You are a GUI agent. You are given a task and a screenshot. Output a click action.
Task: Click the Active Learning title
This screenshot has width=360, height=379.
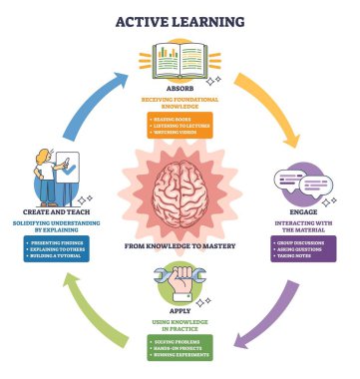pyautogui.click(x=180, y=20)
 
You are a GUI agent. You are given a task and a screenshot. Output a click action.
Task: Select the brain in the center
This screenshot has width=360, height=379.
pyautogui.click(x=180, y=194)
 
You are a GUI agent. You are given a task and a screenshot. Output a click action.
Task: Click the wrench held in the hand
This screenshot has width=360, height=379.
pyautogui.click(x=180, y=277)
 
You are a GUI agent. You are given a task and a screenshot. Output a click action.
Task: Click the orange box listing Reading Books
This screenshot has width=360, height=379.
pyautogui.click(x=180, y=125)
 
